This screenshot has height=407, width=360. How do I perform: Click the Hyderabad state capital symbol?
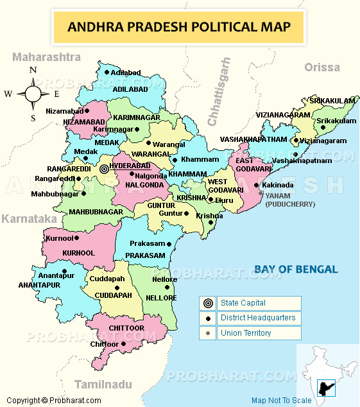(x=104, y=169)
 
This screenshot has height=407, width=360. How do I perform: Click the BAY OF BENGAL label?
(x=295, y=269)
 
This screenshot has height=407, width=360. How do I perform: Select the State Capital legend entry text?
(x=243, y=303)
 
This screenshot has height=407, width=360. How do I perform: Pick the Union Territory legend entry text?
(x=245, y=333)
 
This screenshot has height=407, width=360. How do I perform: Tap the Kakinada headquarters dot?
(x=256, y=185)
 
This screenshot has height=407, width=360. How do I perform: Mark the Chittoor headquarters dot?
(x=123, y=344)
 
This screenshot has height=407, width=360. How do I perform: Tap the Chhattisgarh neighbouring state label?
(x=218, y=92)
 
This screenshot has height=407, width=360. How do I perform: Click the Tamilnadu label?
(x=103, y=385)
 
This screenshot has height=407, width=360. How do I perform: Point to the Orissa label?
(x=322, y=67)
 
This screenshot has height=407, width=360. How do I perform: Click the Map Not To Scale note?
(x=281, y=401)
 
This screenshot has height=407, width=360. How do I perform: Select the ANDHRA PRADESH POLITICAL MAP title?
(x=179, y=27)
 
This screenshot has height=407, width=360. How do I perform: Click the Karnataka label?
(x=29, y=219)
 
